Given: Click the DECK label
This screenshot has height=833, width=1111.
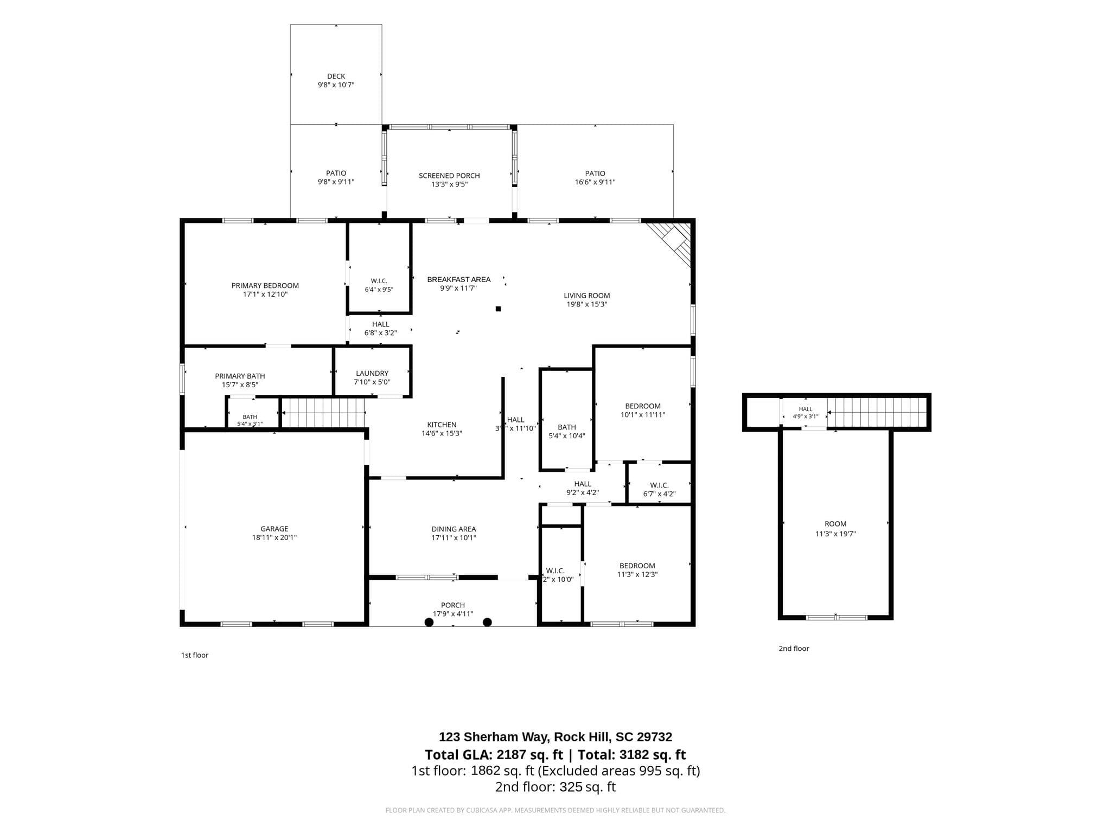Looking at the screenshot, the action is (x=336, y=76).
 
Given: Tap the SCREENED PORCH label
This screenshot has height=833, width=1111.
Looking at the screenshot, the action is (x=449, y=176).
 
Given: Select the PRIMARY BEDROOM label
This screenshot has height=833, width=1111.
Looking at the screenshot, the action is (x=265, y=286).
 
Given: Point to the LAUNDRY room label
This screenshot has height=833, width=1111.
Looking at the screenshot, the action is (x=372, y=373).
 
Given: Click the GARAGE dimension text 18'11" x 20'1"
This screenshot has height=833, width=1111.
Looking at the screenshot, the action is (x=274, y=537).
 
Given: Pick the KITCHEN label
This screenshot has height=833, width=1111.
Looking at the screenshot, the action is (x=442, y=425).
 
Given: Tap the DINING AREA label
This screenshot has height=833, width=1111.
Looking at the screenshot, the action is (x=454, y=529).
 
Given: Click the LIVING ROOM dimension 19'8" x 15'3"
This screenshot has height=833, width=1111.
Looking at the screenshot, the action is (x=586, y=304).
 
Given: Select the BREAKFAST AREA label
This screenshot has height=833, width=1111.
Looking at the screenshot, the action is (x=458, y=279).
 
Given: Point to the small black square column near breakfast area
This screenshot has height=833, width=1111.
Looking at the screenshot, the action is (x=498, y=309).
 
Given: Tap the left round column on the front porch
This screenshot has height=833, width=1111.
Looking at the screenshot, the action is (x=429, y=622).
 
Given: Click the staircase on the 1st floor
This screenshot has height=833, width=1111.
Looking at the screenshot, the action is (x=323, y=413).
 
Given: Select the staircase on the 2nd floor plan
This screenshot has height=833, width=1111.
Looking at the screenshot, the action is (x=877, y=412).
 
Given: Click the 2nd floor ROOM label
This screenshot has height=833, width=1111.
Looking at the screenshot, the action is (x=835, y=524).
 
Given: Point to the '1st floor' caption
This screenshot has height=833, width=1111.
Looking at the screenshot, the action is (x=194, y=655).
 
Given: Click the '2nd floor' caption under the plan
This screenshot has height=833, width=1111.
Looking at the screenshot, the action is (x=794, y=649).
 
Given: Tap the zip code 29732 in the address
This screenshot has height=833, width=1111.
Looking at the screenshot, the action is (x=654, y=737).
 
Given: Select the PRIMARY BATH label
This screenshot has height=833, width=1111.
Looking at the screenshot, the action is (x=240, y=376).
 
